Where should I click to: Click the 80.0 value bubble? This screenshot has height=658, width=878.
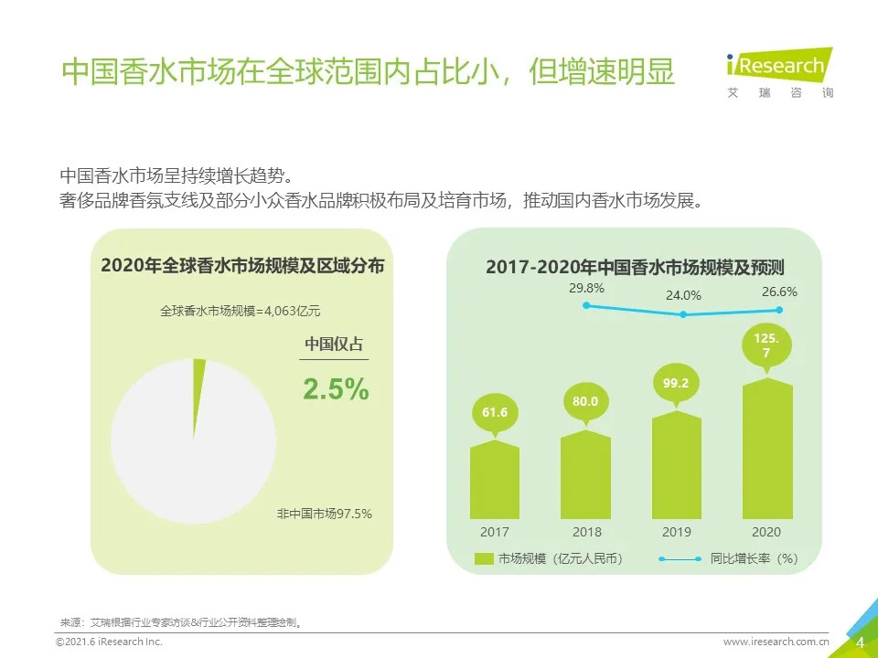pyautogui.click(x=585, y=401)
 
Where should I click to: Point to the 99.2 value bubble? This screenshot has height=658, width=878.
pyautogui.click(x=676, y=384)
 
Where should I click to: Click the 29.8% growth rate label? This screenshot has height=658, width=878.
pyautogui.click(x=586, y=289)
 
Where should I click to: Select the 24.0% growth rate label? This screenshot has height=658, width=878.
pyautogui.click(x=683, y=295)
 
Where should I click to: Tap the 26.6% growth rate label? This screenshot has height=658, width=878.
pyautogui.click(x=779, y=292)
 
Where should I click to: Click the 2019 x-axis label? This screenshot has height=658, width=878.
pyautogui.click(x=676, y=532)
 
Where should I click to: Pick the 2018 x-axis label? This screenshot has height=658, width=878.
pyautogui.click(x=586, y=532)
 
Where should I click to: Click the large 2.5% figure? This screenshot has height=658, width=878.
pyautogui.click(x=336, y=389)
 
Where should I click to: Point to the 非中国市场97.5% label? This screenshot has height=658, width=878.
pyautogui.click(x=325, y=514)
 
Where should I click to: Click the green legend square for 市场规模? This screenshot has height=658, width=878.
pyautogui.click(x=484, y=558)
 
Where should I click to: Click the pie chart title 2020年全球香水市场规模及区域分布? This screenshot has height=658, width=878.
pyautogui.click(x=242, y=266)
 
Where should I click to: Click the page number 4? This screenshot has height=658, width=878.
pyautogui.click(x=860, y=642)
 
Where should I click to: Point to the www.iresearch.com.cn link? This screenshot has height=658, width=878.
pyautogui.click(x=776, y=642)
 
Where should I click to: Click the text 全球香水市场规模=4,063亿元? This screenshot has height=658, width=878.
pyautogui.click(x=241, y=311)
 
